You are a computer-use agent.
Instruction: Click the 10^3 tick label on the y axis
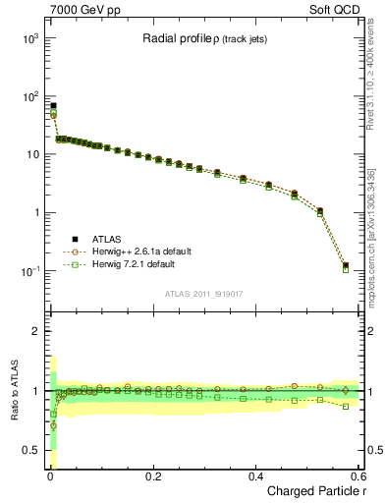pos(28,38)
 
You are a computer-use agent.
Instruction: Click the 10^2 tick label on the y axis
pos(28,96)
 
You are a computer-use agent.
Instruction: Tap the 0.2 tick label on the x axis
pos(152,475)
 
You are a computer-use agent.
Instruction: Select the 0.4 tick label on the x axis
pos(255,475)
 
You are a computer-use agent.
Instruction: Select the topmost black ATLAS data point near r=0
pos(53,105)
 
